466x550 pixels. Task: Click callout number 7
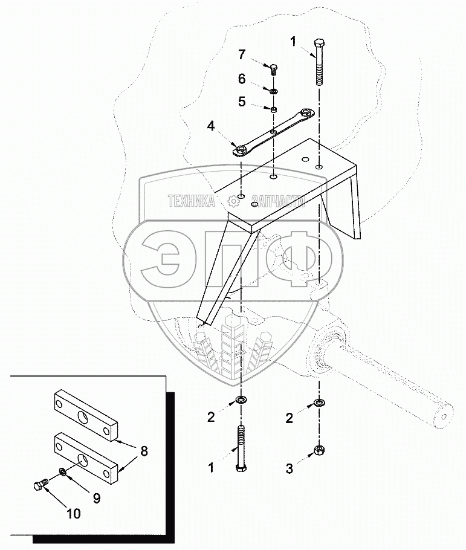[241, 54]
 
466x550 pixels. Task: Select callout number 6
[241, 79]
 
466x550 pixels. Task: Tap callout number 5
[241, 102]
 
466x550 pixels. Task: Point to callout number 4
[211, 126]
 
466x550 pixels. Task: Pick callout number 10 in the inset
[73, 514]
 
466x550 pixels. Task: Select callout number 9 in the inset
[96, 498]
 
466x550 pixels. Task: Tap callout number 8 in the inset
[143, 451]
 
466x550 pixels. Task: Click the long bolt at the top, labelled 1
[320, 63]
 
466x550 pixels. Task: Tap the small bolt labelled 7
[273, 68]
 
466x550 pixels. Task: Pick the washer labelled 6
[273, 91]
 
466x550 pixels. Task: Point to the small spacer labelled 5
[273, 110]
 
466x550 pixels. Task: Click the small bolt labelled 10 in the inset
[40, 485]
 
